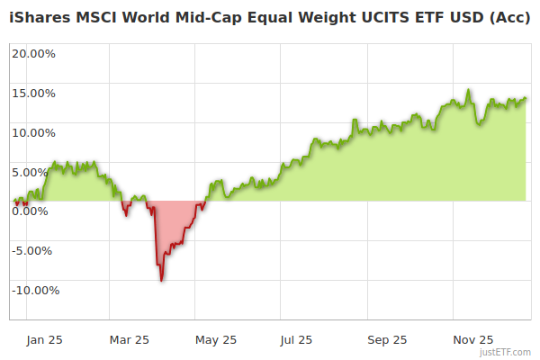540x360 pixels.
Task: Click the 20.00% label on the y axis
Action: (34, 53)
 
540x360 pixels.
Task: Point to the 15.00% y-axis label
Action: (34, 93)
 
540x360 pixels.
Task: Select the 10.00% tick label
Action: (34, 132)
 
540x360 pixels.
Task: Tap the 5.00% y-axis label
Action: (37, 172)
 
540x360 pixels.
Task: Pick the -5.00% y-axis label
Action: (35, 250)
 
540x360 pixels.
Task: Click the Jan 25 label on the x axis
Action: (43, 339)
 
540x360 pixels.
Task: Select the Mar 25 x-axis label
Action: (129, 339)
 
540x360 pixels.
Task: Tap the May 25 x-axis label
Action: (215, 339)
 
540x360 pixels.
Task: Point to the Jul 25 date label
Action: (296, 339)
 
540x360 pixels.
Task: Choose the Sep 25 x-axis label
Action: (387, 339)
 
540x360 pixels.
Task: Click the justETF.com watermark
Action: (506, 352)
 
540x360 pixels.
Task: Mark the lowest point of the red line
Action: (161, 281)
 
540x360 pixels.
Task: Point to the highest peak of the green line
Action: (469, 90)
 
